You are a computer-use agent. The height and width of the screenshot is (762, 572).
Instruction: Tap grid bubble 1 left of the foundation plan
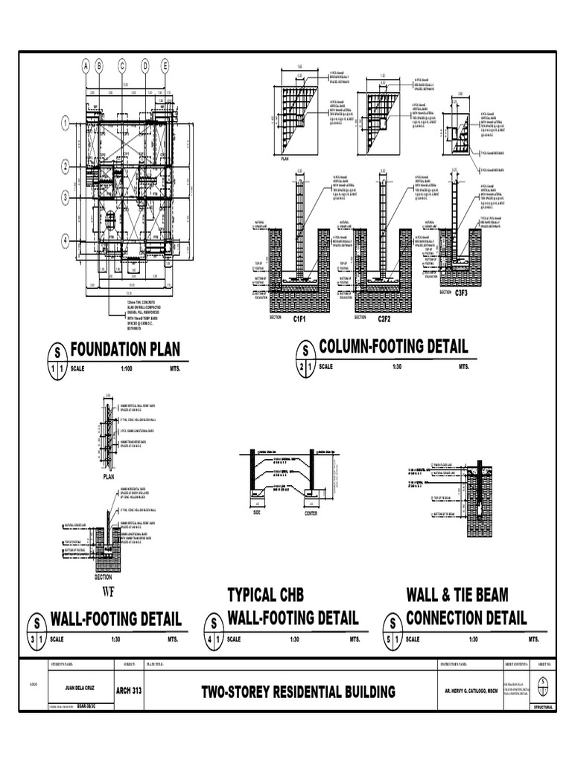(66, 123)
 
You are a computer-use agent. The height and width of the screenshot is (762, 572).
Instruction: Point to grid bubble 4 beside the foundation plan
(66, 240)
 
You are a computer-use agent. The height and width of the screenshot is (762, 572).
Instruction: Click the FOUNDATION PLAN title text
(125, 350)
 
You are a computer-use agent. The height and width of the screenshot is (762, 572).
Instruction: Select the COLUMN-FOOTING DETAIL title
(393, 346)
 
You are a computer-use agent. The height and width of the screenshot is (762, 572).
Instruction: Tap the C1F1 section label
(300, 318)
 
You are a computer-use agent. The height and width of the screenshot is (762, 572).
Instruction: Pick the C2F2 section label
(384, 318)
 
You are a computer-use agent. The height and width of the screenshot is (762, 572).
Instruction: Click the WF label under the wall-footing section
(110, 592)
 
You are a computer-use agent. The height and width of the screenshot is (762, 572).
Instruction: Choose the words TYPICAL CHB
(266, 595)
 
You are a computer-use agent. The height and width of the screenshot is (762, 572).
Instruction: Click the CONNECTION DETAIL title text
(466, 618)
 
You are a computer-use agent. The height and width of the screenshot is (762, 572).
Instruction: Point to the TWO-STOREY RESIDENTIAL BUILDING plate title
(298, 692)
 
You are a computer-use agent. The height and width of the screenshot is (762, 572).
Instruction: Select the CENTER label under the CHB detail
(311, 513)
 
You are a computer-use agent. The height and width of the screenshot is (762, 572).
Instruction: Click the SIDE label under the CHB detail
(257, 513)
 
